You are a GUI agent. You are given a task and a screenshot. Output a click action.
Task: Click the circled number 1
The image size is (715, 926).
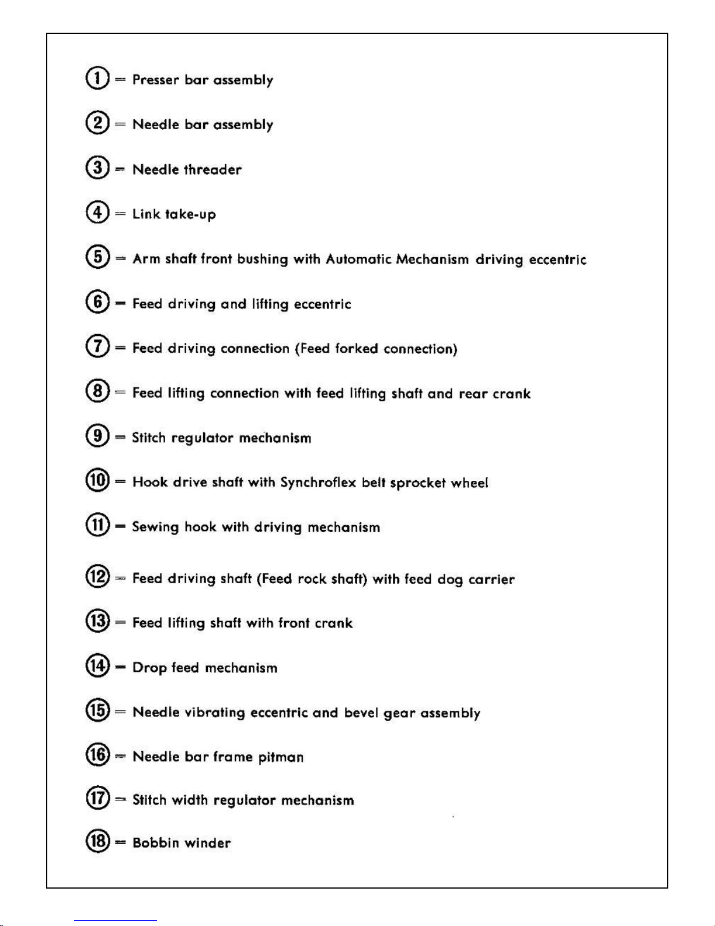(x=97, y=78)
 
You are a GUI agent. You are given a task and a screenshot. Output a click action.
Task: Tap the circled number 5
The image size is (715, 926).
(x=97, y=257)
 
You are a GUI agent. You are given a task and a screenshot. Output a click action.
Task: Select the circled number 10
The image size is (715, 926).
(x=97, y=481)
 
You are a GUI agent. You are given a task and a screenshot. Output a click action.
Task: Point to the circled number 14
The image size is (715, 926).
(x=97, y=665)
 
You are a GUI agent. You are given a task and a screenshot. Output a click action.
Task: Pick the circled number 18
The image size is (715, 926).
(x=97, y=841)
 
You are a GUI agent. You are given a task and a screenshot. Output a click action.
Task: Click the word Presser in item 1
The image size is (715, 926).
(x=156, y=79)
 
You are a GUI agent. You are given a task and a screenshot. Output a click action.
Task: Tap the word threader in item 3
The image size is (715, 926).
(x=212, y=169)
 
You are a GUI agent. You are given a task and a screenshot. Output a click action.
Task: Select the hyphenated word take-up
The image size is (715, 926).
(x=190, y=214)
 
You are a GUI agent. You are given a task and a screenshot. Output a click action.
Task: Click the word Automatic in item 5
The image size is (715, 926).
(x=358, y=259)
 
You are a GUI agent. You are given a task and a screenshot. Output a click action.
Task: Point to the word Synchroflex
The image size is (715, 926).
(x=318, y=483)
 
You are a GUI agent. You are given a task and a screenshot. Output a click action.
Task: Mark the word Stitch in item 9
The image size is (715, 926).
(x=149, y=438)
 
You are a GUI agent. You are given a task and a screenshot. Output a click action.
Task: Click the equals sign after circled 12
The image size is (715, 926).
(x=120, y=578)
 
